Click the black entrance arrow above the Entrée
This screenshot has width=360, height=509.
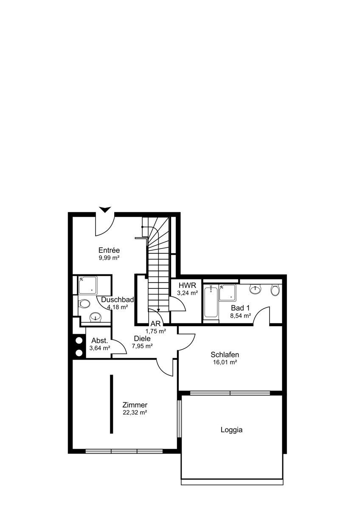(105, 210)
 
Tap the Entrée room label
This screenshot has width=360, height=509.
(109, 250)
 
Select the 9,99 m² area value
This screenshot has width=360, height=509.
(109, 258)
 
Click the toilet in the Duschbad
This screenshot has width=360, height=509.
(84, 304)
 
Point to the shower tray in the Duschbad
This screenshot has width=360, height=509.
(87, 285)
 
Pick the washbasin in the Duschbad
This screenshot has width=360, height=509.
(96, 317)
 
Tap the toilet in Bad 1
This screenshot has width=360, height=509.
(275, 291)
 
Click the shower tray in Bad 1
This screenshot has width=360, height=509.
(228, 293)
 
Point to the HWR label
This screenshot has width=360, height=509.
(187, 285)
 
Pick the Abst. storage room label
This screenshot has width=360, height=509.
(100, 341)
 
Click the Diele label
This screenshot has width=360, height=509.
(142, 338)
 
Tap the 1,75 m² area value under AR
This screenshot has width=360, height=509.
(156, 331)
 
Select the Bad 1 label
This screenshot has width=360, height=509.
(240, 308)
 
